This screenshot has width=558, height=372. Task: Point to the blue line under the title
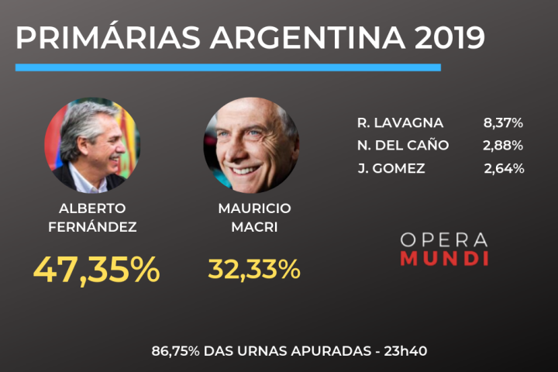coord(228,67)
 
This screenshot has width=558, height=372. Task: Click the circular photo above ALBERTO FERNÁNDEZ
coord(92,146)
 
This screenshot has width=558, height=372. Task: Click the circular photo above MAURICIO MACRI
coord(250,146)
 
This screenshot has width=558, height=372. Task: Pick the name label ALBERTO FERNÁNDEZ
coord(92,218)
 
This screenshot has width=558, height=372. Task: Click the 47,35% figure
coord(96,269)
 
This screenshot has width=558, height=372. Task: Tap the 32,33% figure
coord(254,269)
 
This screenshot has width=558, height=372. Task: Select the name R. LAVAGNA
coord(400,122)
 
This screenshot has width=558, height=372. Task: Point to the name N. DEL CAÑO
coord(403,145)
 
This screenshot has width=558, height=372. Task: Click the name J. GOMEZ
coord(391,168)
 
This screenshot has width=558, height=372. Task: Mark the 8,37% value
coord(503,122)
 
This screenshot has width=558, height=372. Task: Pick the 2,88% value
coord(503,145)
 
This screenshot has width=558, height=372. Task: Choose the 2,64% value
coord(504,168)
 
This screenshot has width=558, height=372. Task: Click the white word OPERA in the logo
coord(444,239)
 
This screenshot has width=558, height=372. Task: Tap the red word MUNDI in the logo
coord(444,258)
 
